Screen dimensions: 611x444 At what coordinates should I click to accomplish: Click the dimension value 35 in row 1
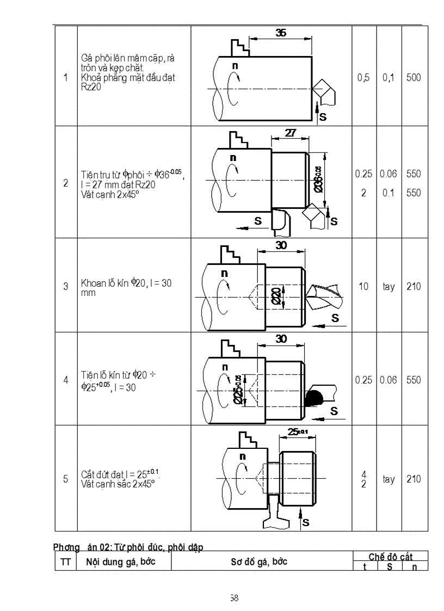click(x=280, y=33)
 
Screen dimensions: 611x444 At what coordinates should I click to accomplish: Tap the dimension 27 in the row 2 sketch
click(x=291, y=132)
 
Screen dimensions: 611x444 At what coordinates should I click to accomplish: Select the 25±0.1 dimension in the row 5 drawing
click(x=297, y=432)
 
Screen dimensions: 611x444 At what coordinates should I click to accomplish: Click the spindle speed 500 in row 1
click(x=414, y=78)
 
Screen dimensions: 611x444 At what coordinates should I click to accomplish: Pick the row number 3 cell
click(x=66, y=286)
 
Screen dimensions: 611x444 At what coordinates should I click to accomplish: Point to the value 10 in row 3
click(x=363, y=286)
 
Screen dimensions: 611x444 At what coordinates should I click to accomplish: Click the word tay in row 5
click(x=388, y=479)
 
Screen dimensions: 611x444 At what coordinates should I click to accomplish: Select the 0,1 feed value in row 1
click(x=388, y=78)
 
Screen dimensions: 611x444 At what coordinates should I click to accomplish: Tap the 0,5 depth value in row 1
click(x=363, y=78)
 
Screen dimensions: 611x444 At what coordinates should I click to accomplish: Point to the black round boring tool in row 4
click(x=314, y=398)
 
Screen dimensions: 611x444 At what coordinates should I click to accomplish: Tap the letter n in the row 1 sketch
click(x=235, y=66)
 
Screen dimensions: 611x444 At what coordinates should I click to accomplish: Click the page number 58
click(x=234, y=598)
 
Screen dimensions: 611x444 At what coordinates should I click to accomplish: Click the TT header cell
click(x=65, y=561)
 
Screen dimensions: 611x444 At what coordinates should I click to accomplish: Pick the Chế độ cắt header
click(x=390, y=557)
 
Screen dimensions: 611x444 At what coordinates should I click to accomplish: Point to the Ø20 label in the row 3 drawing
click(x=276, y=296)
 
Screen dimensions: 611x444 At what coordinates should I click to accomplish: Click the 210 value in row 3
click(x=414, y=286)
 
